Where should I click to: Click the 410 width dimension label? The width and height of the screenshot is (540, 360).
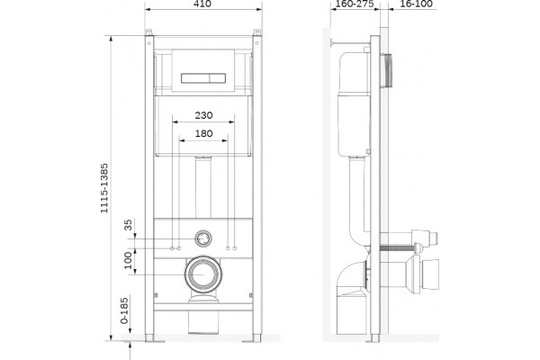(x=202, y=4)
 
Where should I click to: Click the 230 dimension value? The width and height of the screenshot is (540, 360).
(x=203, y=115)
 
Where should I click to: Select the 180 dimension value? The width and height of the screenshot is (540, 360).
(x=203, y=133)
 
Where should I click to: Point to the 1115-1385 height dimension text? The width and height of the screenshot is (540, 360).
(x=104, y=188)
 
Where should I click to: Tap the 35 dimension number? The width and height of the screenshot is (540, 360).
(x=128, y=225)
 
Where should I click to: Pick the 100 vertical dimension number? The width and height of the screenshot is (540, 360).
(x=128, y=260)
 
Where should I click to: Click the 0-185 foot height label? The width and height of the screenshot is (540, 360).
(x=124, y=310)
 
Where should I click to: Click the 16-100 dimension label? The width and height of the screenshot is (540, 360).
(x=417, y=4)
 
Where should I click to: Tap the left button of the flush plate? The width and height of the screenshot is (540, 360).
(x=194, y=78)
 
